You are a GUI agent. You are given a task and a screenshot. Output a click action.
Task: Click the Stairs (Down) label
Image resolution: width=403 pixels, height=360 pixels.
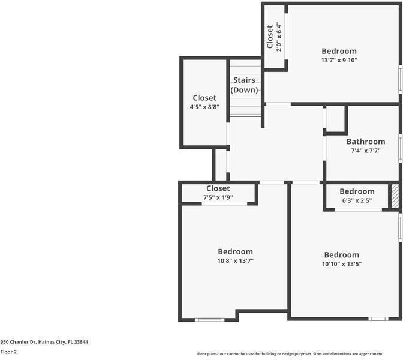click(244, 85)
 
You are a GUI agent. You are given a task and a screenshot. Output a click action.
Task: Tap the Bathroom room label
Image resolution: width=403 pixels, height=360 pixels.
click(366, 142)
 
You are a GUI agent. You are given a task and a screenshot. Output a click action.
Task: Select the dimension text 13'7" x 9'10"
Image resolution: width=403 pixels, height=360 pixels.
click(339, 60)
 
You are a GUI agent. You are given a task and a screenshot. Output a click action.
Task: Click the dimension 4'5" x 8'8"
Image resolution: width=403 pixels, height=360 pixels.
click(204, 107)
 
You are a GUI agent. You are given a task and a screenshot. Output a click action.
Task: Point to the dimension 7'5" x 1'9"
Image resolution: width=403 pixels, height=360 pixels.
click(218, 197)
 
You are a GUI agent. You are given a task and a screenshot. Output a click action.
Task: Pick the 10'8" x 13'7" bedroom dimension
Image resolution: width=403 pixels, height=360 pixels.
click(235, 260)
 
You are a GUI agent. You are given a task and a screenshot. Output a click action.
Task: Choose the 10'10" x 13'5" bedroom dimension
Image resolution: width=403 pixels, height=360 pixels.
click(341, 263)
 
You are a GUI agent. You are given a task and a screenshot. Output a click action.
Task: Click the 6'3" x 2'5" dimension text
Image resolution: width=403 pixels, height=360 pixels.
click(357, 200)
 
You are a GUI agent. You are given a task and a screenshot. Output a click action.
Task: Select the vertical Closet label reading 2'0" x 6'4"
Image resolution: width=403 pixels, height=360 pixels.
click(274, 37)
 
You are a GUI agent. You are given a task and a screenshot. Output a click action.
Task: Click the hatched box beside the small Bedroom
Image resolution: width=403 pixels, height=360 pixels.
click(395, 196)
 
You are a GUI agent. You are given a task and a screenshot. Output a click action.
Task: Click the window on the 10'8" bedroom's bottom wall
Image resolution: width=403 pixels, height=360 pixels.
click(210, 320)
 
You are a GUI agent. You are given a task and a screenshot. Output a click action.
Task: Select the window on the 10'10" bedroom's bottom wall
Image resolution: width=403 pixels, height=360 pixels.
click(378, 319)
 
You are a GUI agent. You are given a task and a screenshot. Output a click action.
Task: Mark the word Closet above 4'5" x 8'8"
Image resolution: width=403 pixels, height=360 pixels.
click(204, 98)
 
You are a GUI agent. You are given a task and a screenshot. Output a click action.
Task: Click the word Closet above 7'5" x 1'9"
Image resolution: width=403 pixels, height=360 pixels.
click(218, 188)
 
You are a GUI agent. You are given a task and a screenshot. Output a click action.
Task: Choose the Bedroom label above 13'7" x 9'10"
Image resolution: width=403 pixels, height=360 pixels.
click(339, 51)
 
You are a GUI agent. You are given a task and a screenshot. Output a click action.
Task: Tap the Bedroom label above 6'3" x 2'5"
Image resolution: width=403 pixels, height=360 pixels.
click(357, 191)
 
